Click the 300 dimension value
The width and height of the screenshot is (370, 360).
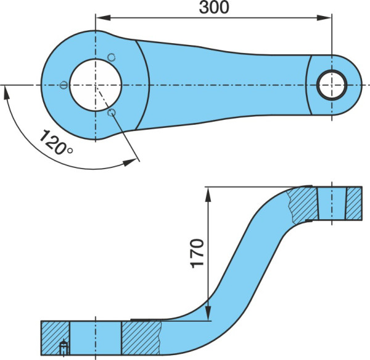click(x=214, y=7)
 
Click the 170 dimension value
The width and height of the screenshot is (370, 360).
click(x=197, y=253)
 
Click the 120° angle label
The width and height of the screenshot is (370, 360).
click(x=56, y=142)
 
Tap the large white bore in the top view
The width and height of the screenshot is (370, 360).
click(x=96, y=85)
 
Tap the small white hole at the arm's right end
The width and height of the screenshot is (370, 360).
click(x=332, y=85)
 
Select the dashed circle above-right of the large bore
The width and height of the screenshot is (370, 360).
click(x=111, y=57)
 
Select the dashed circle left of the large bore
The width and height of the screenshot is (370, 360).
click(x=64, y=85)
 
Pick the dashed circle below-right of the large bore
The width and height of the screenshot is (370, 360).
click(x=112, y=112)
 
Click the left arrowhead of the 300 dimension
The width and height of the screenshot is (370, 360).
click(x=103, y=17)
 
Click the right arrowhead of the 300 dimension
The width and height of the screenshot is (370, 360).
click(x=324, y=17)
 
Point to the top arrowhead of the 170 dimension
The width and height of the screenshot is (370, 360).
click(x=208, y=195)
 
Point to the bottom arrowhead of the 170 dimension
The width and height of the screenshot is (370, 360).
click(x=208, y=313)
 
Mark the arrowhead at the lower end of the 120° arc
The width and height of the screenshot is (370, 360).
click(x=130, y=162)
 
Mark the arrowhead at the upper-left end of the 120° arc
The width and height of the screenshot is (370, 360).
click(x=7, y=93)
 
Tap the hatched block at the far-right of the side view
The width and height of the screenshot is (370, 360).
click(x=354, y=203)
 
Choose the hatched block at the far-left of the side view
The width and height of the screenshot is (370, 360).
click(x=55, y=338)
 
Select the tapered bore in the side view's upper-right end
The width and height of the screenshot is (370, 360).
click(x=332, y=203)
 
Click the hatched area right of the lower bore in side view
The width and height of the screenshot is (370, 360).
click(x=141, y=338)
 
